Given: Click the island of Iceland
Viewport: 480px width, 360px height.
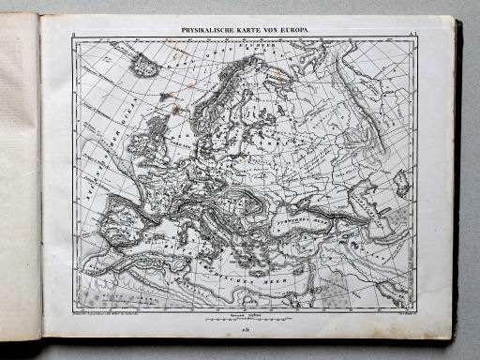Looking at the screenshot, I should tap(144, 66).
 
